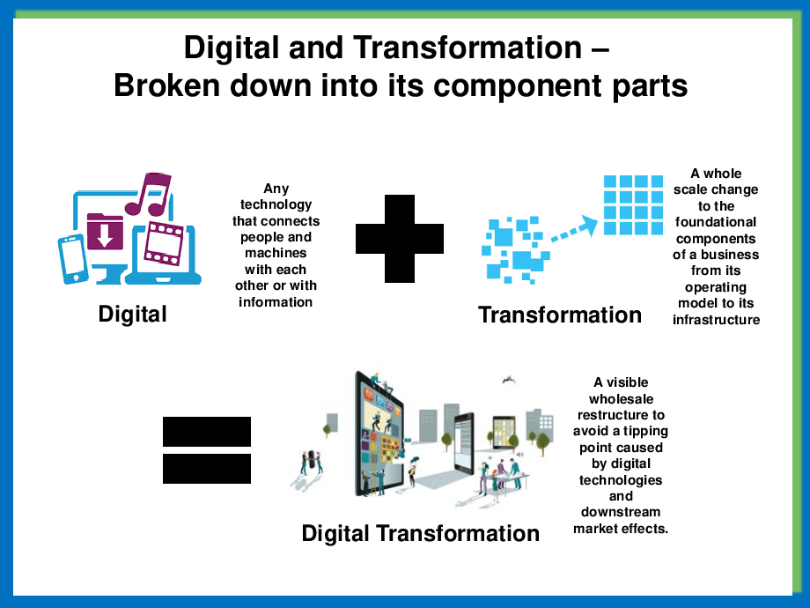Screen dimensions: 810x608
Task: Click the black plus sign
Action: [400, 239]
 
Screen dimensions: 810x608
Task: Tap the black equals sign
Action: [207, 449]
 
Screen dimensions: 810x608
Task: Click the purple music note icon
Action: [148, 195]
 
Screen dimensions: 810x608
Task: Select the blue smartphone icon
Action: [72, 259]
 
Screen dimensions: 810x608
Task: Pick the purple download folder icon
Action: [105, 232]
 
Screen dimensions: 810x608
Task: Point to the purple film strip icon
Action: [164, 243]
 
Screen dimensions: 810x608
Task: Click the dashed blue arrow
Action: [573, 229]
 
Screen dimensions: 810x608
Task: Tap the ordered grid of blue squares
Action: [633, 205]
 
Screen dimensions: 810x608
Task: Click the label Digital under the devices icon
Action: [133, 315]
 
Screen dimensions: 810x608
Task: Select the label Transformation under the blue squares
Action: [560, 315]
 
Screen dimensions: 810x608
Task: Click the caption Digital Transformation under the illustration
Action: [421, 534]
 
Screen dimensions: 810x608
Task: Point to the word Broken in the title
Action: [166, 85]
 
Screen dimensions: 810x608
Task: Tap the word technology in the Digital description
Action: [276, 204]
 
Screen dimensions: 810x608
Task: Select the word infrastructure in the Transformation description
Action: [716, 320]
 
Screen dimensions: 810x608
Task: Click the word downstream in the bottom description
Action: [621, 512]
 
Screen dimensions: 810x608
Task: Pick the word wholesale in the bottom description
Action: [621, 399]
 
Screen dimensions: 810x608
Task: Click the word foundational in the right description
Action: [716, 222]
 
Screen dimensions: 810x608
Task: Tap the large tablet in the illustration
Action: [379, 434]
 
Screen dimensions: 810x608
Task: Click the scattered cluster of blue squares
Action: [515, 250]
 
